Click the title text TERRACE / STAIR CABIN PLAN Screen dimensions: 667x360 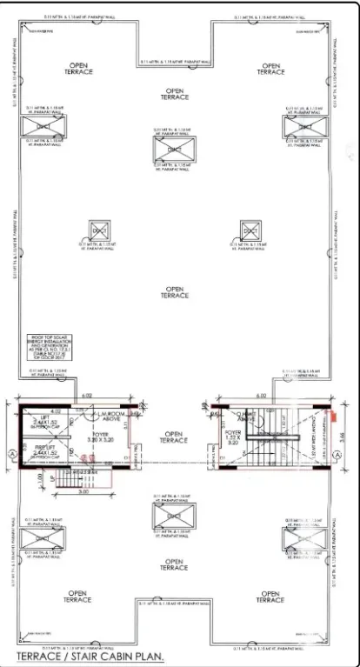click(x=90, y=657)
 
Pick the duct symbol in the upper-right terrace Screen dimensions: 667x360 click(x=302, y=127)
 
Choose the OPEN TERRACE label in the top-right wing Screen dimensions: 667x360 click(x=272, y=69)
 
